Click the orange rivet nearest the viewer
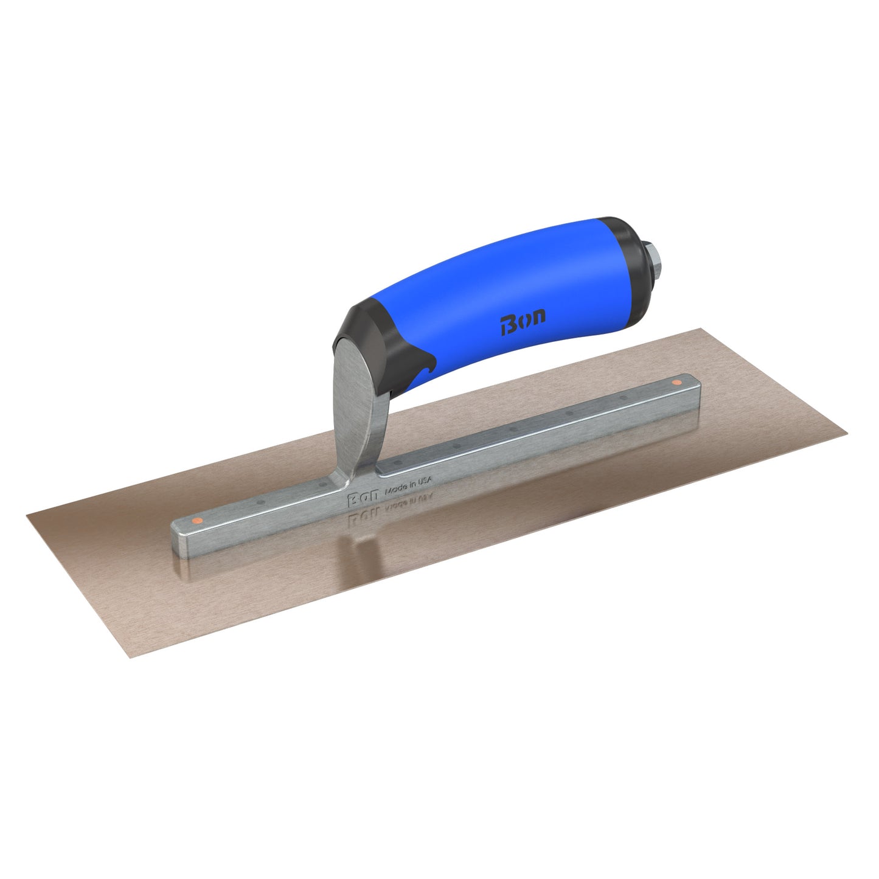tap(196, 521)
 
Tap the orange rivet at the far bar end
tap(676, 383)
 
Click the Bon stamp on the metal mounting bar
tap(361, 499)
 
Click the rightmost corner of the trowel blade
tap(847, 435)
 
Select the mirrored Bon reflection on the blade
tap(361, 515)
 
